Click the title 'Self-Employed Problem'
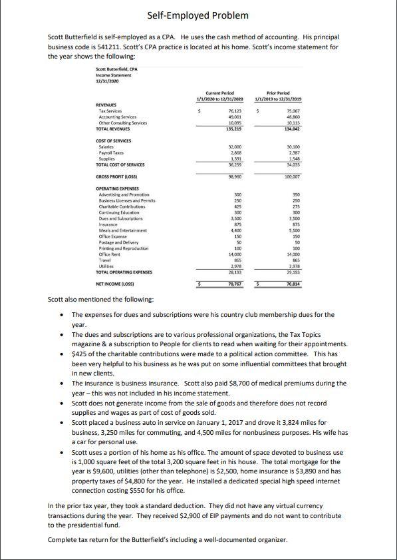(198, 15)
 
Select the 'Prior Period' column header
(279, 96)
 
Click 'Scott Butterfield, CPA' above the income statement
(116, 69)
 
